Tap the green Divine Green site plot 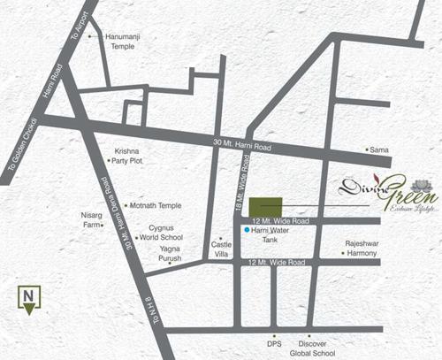click(265, 205)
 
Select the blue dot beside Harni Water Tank click(247, 230)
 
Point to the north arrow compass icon click(29, 299)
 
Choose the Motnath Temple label click(156, 205)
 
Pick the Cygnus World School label click(165, 233)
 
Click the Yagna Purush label click(165, 254)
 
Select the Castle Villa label click(219, 249)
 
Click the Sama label click(379, 150)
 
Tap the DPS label click(274, 342)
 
